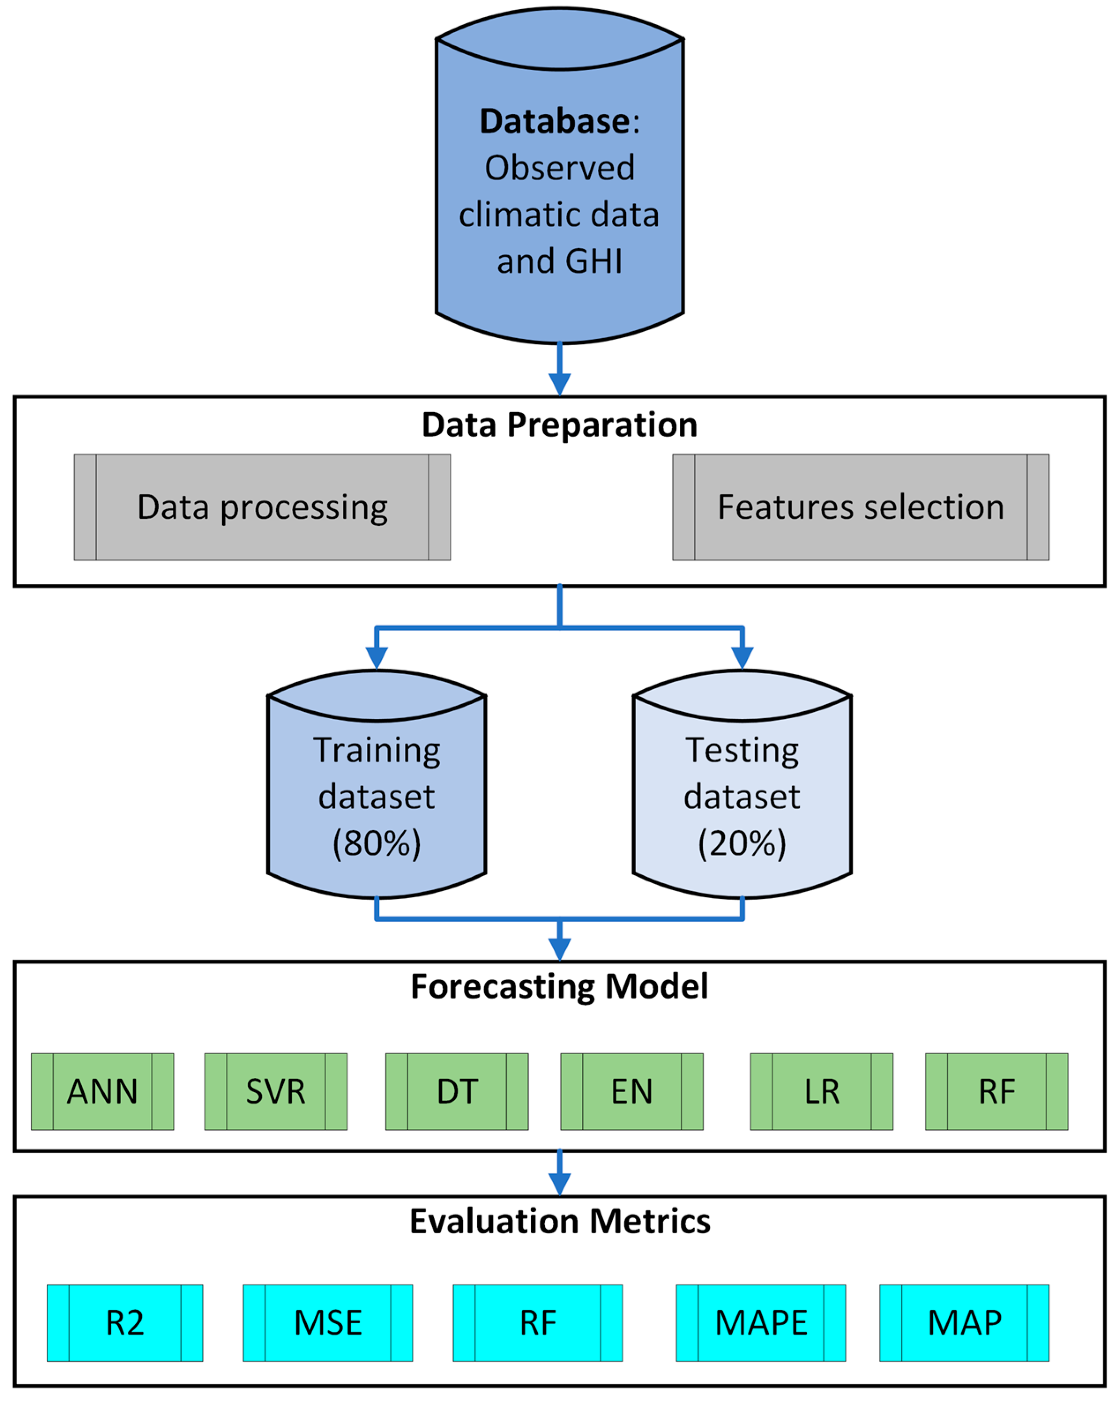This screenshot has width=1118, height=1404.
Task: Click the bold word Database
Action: [555, 121]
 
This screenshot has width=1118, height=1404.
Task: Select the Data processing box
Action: [262, 507]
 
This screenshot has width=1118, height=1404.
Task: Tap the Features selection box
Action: [860, 507]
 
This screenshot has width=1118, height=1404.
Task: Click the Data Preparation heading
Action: [559, 425]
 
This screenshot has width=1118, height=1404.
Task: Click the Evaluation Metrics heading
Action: [559, 1221]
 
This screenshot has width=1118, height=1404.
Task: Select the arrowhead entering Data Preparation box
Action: [559, 384]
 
